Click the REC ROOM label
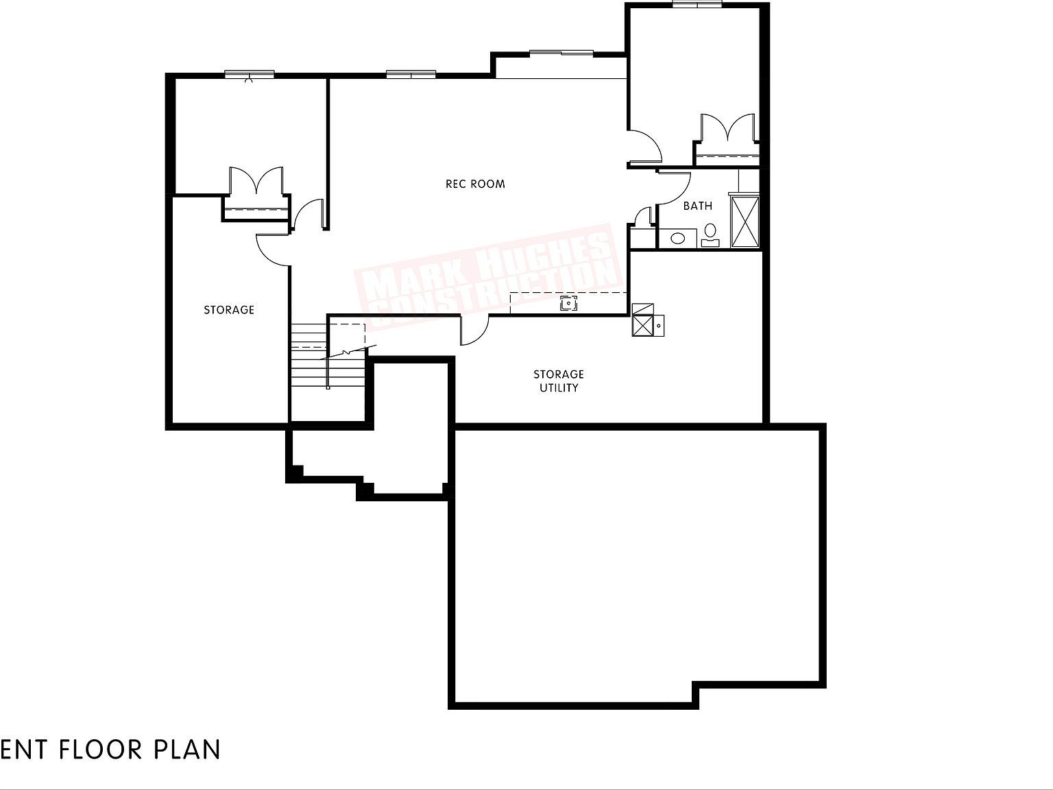[475, 184]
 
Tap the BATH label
[697, 206]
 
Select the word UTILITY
[558, 388]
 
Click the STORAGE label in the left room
[229, 310]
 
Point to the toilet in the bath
[710, 233]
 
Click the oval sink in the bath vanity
[678, 239]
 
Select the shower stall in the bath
[745, 222]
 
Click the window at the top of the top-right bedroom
[697, 4]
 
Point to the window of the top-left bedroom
[250, 73]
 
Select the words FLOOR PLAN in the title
[140, 749]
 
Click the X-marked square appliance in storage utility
[643, 320]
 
